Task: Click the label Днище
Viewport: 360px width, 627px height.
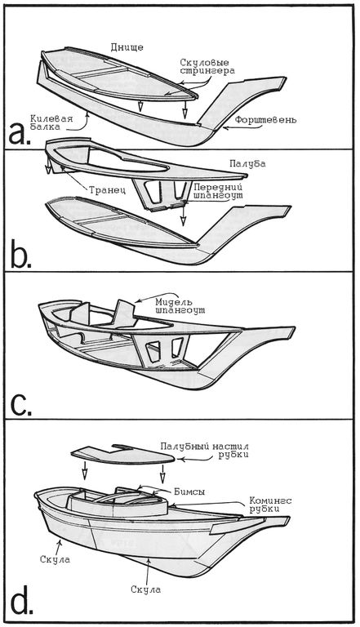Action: point(127,47)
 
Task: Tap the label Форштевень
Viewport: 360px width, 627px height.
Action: point(265,119)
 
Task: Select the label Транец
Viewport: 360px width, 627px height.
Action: point(107,190)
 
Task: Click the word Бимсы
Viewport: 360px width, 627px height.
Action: point(189,492)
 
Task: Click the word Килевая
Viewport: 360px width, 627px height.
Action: point(47,118)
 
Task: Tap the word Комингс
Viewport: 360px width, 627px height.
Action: point(270,500)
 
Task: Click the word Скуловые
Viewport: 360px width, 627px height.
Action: point(204,62)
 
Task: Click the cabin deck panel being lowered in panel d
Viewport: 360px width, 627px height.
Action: point(122,454)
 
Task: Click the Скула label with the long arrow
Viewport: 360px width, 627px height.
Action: point(145,589)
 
